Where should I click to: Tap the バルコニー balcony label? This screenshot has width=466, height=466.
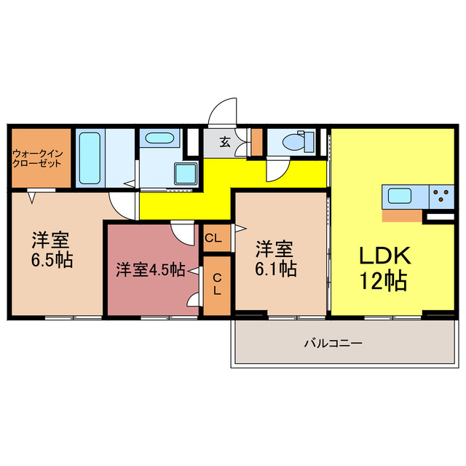(333, 342)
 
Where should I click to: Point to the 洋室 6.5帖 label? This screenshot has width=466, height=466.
(51, 250)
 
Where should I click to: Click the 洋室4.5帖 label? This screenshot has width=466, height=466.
(150, 269)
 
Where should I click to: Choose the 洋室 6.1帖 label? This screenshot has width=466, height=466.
(275, 258)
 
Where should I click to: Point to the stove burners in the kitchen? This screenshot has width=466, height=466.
(441, 194)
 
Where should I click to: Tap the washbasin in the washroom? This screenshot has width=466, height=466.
(156, 138)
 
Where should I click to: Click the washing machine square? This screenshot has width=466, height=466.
(186, 175)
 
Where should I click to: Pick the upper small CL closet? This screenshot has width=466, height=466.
(214, 238)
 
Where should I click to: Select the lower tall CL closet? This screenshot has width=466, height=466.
(216, 285)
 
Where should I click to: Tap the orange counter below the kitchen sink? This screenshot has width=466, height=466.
(401, 215)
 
